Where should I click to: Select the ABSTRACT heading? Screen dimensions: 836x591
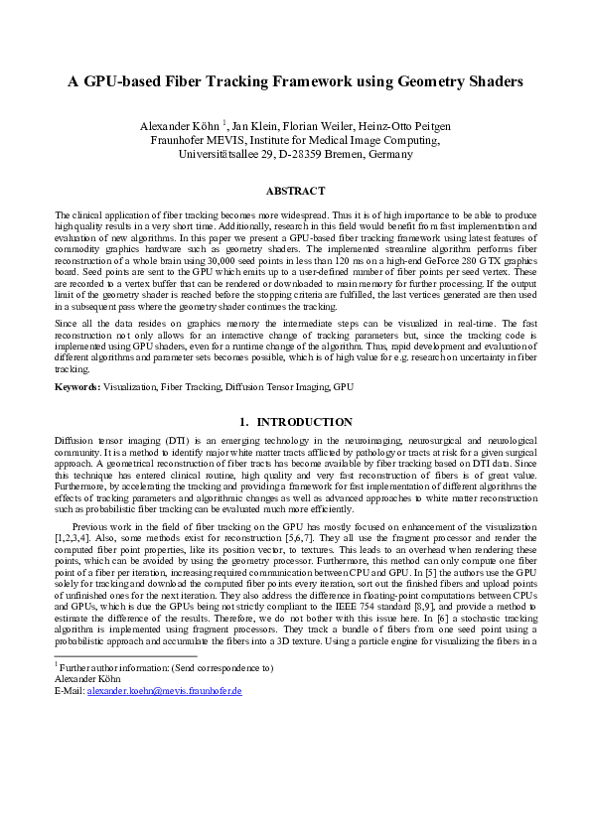click(295, 190)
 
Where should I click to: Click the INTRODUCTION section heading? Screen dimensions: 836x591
click(304, 422)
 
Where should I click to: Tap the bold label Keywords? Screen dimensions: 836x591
click(77, 385)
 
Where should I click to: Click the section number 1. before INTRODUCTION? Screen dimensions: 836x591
click(245, 422)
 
